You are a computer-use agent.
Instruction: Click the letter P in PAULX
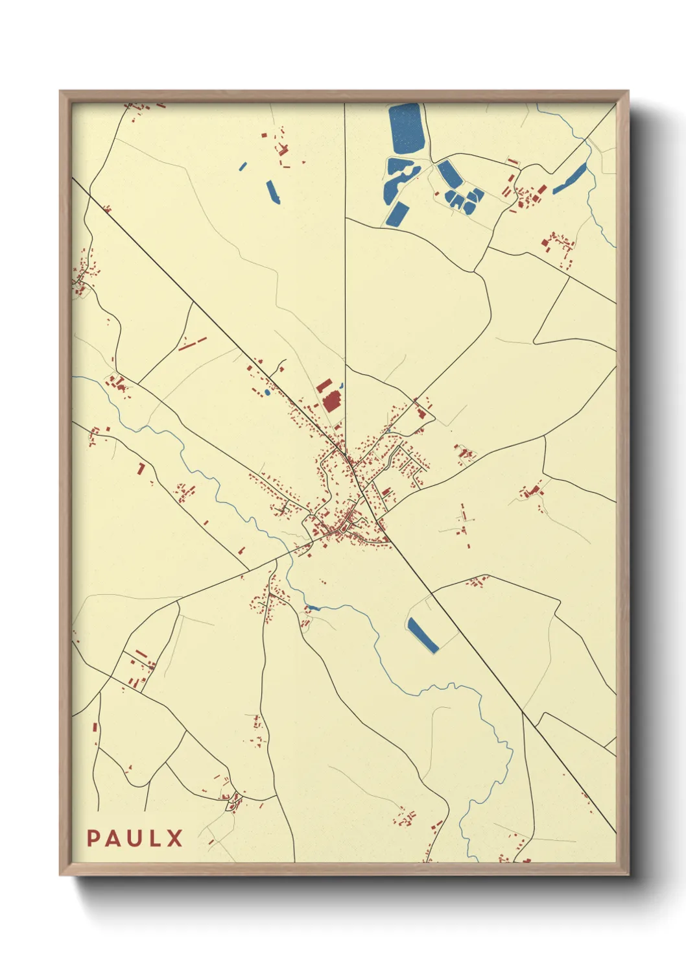93,838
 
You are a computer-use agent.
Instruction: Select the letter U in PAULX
136,838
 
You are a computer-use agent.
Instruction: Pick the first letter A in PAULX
114,838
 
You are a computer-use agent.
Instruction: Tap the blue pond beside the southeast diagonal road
422,634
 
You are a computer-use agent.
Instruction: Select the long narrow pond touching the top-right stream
570,178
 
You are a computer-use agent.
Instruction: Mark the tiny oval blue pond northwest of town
266,392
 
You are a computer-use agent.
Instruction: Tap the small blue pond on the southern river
313,608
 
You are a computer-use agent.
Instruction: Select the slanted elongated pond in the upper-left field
273,192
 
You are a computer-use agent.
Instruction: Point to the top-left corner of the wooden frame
60,91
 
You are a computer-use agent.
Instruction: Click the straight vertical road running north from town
345,259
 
